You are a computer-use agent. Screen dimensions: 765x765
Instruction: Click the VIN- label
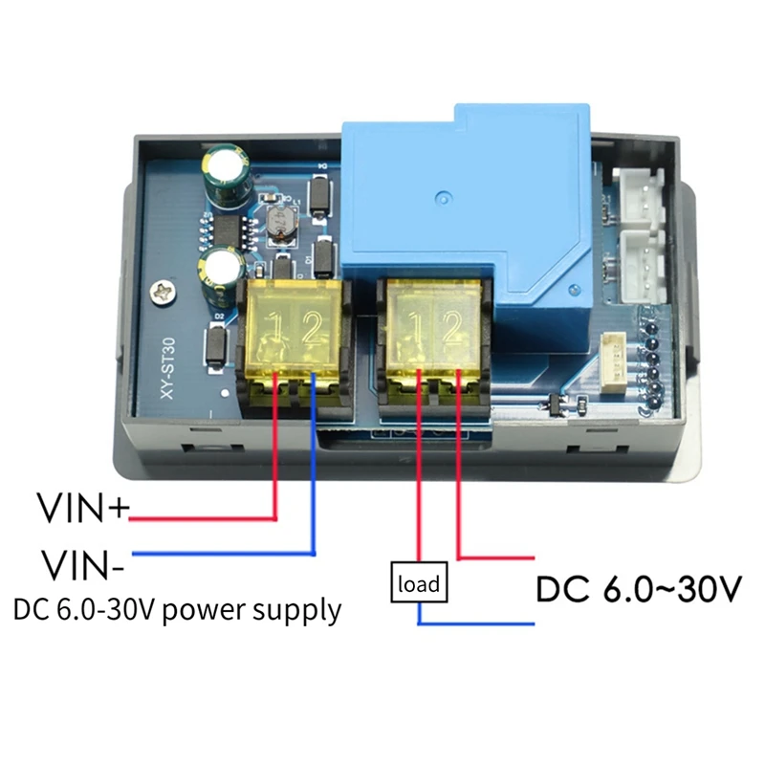point(80,563)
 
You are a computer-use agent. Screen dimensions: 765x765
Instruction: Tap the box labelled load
point(418,582)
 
